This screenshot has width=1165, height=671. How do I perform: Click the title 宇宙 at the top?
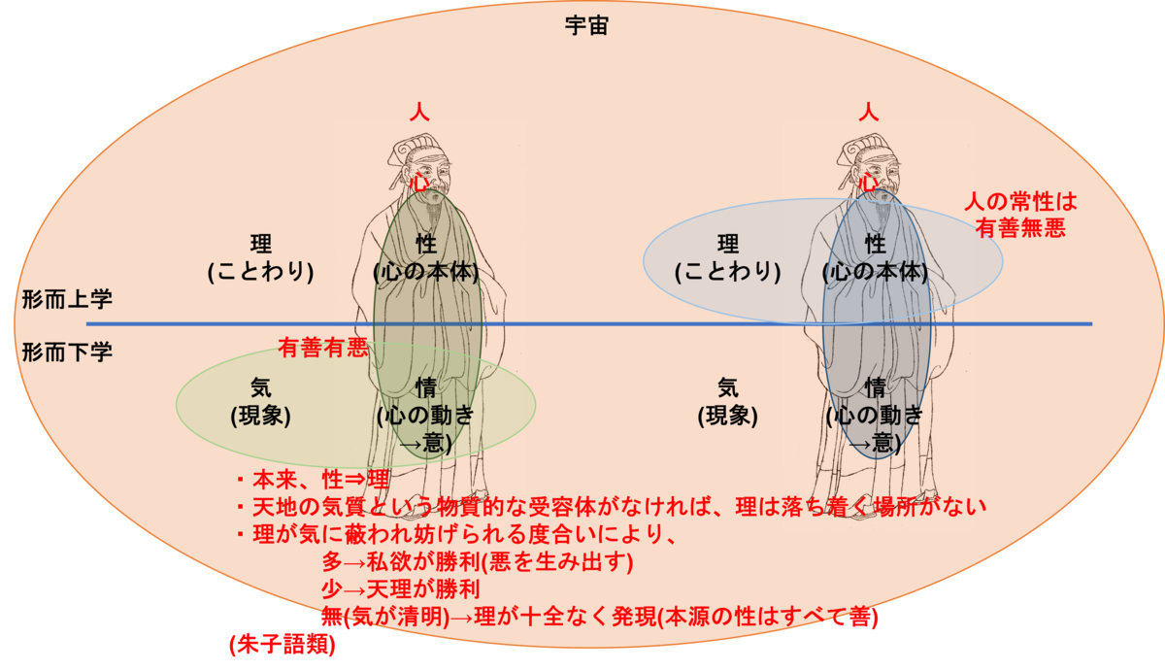coord(585,26)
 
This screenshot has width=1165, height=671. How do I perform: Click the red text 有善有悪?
coord(323,347)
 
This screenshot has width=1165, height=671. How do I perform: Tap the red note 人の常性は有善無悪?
coord(1020,214)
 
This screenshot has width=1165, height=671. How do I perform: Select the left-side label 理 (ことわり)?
coord(260,257)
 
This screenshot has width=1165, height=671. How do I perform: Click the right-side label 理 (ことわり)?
coord(728,257)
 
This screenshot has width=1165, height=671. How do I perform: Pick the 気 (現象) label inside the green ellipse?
coord(260,401)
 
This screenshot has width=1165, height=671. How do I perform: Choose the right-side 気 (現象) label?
coord(727,401)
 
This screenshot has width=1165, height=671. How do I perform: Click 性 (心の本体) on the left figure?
coord(425,257)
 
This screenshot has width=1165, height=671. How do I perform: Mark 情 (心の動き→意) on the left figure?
coord(425,415)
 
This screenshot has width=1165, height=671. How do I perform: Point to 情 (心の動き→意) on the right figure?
coord(875,415)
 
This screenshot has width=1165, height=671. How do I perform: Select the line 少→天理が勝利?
coord(400,589)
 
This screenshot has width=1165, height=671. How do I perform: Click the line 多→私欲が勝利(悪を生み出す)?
coord(477,562)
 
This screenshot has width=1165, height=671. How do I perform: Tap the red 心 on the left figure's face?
coord(419,182)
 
